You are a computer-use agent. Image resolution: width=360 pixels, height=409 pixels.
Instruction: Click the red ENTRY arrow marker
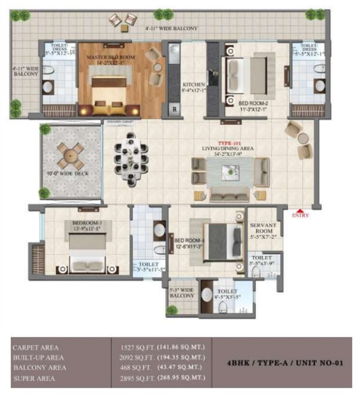tap(301, 211)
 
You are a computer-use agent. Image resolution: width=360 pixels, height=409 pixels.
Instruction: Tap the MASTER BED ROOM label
tap(111, 57)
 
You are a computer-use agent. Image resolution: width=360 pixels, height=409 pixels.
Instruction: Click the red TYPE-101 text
tap(229, 144)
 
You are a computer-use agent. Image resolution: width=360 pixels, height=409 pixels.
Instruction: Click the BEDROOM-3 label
tap(86, 223)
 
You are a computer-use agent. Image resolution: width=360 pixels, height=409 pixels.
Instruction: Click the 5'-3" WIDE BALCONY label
tap(182, 292)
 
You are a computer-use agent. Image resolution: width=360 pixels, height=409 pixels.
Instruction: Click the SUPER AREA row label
tap(33, 379)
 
